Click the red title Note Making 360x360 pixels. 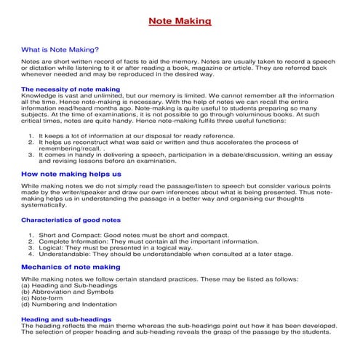coord(180,21)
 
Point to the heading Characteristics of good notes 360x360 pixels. coord(71,219)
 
